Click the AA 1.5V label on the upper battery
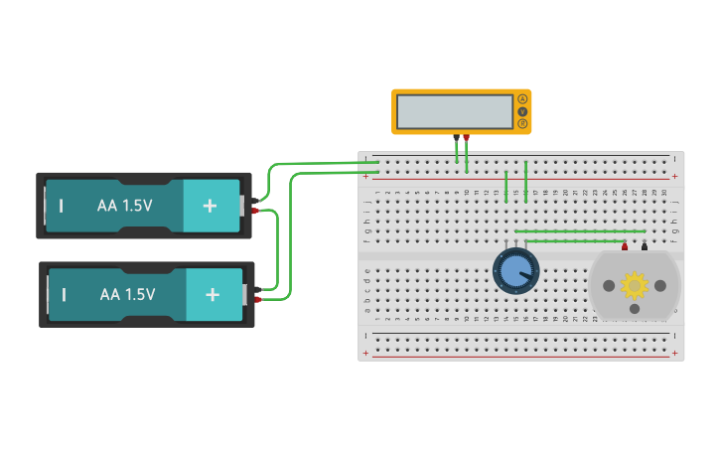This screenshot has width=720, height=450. click(x=125, y=206)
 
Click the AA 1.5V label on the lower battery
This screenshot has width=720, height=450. click(x=127, y=294)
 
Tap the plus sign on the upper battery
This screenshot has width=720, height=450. click(x=210, y=206)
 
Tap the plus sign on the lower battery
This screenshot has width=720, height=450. click(x=212, y=294)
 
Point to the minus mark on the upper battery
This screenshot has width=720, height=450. click(x=62, y=206)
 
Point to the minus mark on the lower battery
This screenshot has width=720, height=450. click(x=64, y=294)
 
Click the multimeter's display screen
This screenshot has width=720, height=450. click(x=455, y=111)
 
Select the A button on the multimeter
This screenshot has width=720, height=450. click(x=522, y=99)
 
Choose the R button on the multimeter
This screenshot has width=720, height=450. click(x=522, y=124)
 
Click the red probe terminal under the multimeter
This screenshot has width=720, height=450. click(x=466, y=137)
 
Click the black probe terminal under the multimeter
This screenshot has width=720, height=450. click(x=456, y=137)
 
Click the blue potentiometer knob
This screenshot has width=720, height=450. click(x=515, y=270)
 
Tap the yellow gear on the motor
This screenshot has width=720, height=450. click(x=634, y=285)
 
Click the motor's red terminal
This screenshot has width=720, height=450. click(x=625, y=246)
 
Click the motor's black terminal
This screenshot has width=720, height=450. click(x=645, y=246)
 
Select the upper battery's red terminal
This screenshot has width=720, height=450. click(x=256, y=211)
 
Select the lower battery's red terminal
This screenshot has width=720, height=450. click(x=258, y=298)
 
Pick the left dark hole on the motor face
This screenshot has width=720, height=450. click(x=608, y=286)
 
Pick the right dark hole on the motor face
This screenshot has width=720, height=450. click(x=660, y=286)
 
